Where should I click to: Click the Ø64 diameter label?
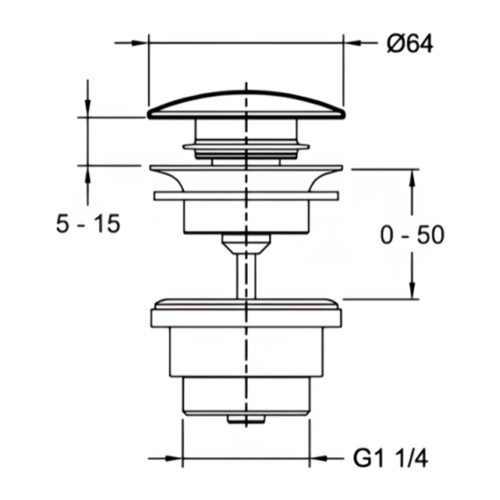click(410, 44)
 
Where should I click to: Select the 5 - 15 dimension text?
click(88, 223)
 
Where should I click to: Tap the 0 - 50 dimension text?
click(412, 235)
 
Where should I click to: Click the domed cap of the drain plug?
click(246, 105)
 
